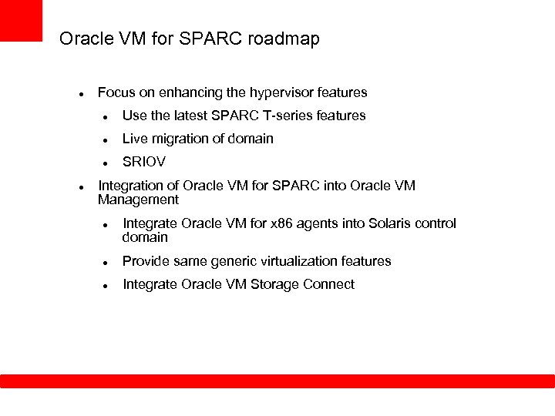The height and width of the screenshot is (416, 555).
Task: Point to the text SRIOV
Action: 144,162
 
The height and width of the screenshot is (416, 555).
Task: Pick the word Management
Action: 138,200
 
